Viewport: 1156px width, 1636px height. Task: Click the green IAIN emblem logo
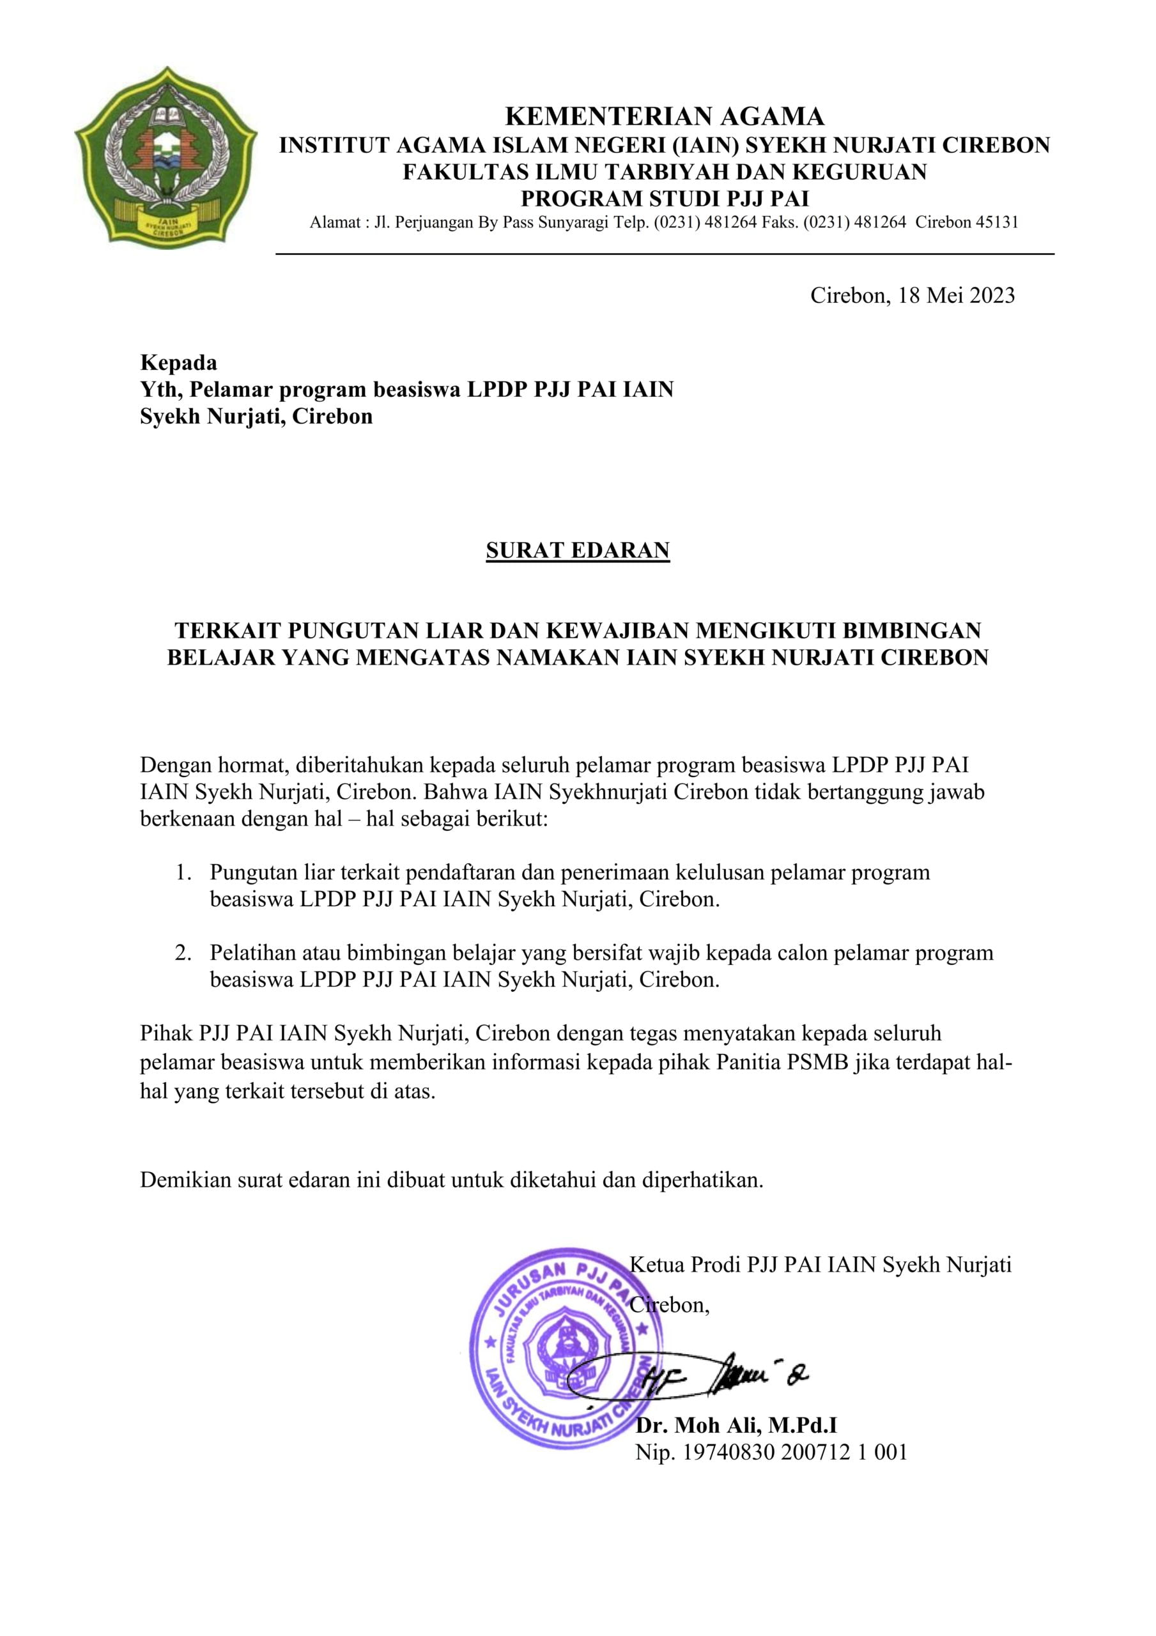tap(166, 156)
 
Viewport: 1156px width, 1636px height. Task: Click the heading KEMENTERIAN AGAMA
tap(664, 116)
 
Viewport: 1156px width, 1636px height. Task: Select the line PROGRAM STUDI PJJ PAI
tap(664, 197)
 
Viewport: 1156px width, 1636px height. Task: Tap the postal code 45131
tap(996, 222)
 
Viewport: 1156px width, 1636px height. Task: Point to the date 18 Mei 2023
tap(956, 295)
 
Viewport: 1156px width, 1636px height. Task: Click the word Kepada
tap(178, 363)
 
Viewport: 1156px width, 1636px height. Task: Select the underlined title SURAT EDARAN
tap(577, 550)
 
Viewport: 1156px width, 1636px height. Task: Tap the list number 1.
tap(183, 872)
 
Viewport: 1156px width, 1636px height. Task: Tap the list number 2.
tap(183, 953)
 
